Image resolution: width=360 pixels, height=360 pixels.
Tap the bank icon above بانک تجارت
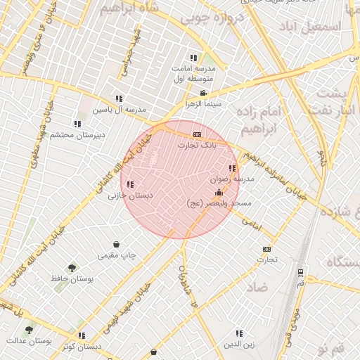click(197, 134)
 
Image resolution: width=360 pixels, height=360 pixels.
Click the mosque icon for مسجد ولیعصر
click(219, 192)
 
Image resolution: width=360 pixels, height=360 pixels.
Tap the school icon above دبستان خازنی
click(130, 184)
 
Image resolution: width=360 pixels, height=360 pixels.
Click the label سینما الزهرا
click(203, 103)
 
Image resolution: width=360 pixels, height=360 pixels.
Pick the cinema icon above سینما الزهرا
click(203, 93)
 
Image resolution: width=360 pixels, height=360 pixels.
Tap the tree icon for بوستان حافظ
click(72, 268)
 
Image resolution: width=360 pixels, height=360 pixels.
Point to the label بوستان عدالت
click(29, 340)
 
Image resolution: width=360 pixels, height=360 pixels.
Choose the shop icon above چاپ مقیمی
click(116, 244)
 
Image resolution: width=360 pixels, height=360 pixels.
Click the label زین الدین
click(238, 344)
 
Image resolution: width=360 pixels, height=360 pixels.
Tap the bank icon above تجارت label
click(266, 249)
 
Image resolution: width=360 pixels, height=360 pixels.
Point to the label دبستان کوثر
click(82, 346)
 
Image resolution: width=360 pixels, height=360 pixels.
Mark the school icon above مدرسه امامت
click(193, 58)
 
